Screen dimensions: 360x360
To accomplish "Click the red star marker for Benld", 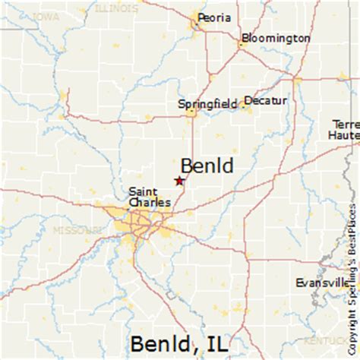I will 179,181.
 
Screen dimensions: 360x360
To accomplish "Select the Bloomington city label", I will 276,37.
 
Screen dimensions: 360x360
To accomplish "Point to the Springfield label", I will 210,103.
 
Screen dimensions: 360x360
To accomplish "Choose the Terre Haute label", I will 346,131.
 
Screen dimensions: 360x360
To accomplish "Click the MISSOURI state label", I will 75,229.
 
